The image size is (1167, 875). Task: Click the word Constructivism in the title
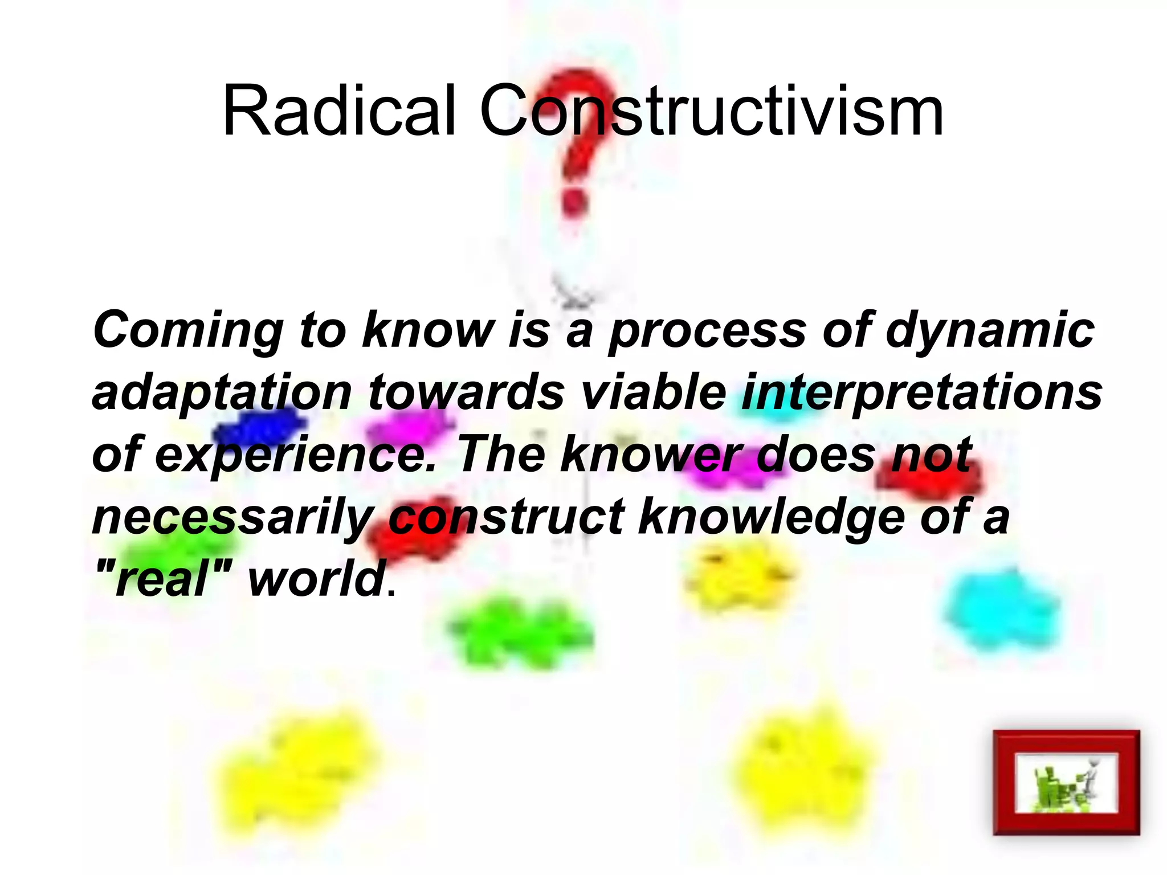coord(711,111)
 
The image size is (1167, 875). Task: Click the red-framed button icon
coord(1066,782)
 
